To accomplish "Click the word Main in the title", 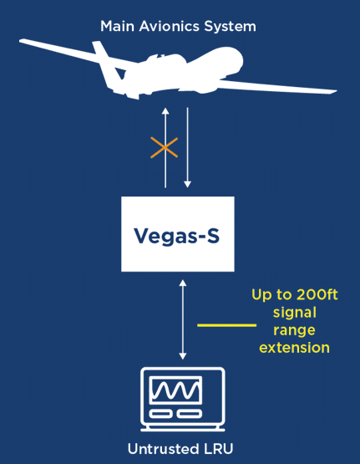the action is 117,27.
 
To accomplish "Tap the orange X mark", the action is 164,147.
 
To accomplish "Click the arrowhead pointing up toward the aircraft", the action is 165,111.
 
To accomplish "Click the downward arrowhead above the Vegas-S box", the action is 187,184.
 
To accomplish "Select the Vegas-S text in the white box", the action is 177,236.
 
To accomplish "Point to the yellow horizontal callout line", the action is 226,325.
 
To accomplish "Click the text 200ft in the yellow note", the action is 317,294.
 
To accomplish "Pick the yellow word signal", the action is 295,313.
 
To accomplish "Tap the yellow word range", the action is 294,330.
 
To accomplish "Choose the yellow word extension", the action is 294,348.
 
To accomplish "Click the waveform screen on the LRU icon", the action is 176,390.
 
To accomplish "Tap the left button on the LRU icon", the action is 160,413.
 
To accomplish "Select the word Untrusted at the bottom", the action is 163,449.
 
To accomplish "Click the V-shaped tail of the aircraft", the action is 108,67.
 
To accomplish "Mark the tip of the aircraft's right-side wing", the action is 337,91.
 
